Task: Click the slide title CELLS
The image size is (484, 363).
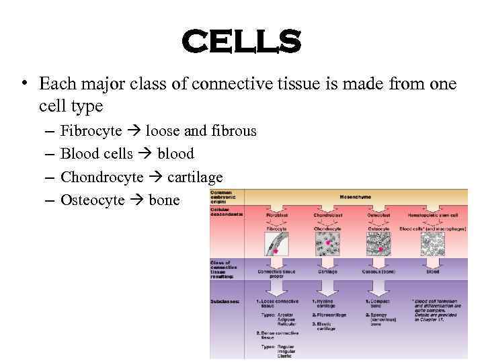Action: (x=241, y=42)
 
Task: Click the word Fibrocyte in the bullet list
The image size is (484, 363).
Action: (x=91, y=131)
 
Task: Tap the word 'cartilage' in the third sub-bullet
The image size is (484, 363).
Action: (x=195, y=177)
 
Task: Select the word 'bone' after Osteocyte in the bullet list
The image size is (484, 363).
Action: (x=164, y=200)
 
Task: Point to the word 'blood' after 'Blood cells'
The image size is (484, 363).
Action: (x=175, y=154)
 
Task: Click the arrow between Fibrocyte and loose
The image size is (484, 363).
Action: (x=134, y=131)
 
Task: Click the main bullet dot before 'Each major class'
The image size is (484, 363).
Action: (x=24, y=84)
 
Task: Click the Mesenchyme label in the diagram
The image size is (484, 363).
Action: (x=355, y=197)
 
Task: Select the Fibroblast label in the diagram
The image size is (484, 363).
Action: (x=276, y=214)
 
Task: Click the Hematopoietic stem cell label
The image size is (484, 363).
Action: (x=432, y=214)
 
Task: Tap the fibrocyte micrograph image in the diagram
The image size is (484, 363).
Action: (x=276, y=245)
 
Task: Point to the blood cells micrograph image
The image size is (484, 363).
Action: (x=432, y=245)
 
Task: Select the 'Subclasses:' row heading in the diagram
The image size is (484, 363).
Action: (x=225, y=302)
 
